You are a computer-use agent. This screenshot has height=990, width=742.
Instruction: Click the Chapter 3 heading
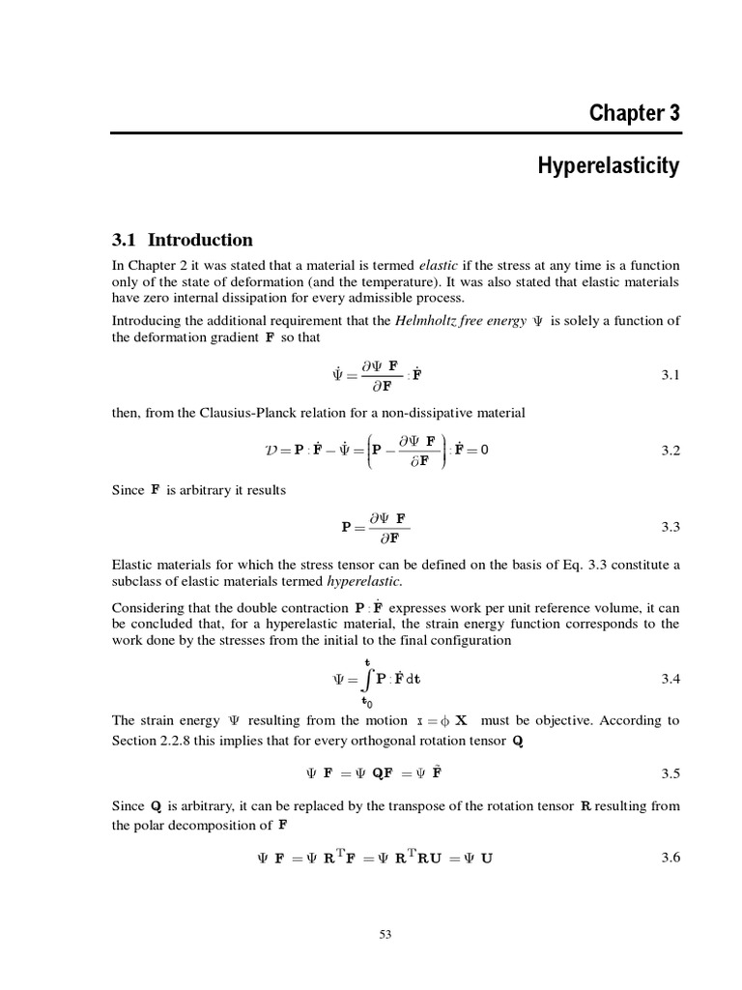click(x=634, y=113)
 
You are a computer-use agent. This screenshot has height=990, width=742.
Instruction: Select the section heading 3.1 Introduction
click(x=183, y=240)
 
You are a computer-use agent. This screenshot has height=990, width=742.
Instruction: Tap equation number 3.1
click(x=671, y=376)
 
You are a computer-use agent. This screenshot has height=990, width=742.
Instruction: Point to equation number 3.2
click(x=671, y=451)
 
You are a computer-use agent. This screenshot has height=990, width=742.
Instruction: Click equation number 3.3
click(x=671, y=527)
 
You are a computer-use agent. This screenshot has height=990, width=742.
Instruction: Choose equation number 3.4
click(x=671, y=680)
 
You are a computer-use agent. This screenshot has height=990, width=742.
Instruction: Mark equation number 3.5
click(x=671, y=773)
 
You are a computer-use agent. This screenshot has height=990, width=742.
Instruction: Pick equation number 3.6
click(x=671, y=857)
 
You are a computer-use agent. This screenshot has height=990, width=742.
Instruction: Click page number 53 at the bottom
click(x=385, y=934)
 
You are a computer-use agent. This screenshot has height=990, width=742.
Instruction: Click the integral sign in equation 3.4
click(x=366, y=680)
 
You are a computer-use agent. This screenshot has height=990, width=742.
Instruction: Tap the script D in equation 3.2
click(x=271, y=451)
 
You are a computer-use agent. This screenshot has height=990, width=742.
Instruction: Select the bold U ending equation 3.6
click(x=486, y=858)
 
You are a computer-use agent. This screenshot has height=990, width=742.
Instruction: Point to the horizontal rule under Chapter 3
click(x=395, y=132)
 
